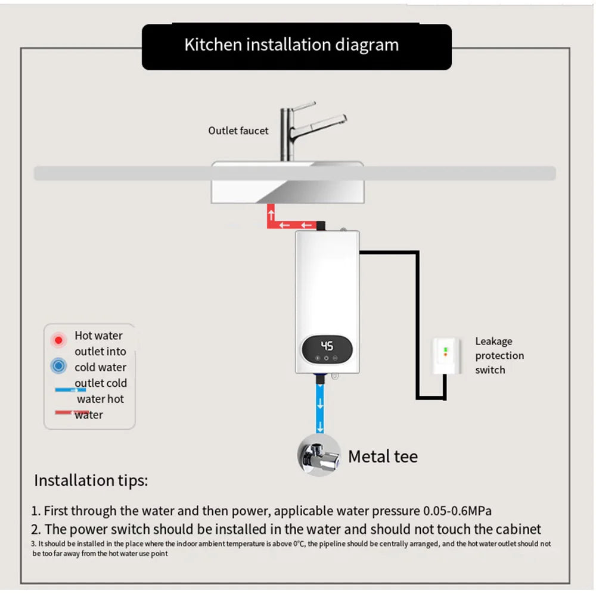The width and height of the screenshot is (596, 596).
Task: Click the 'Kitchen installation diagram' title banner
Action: pos(296,46)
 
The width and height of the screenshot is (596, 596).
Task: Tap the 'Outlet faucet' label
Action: pos(238,131)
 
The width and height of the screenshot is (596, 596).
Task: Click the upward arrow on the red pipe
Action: pos(271,212)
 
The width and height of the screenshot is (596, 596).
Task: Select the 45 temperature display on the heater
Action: pos(327,346)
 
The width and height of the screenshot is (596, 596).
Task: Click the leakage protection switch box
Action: pos(445,356)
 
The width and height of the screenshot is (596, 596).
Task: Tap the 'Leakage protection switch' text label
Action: pos(499,356)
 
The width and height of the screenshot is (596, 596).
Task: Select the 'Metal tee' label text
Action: pos(383,457)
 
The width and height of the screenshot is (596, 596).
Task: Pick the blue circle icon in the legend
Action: pos(58,366)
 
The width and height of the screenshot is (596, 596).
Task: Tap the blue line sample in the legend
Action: pos(71,390)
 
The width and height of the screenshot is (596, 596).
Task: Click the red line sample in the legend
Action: pos(71,412)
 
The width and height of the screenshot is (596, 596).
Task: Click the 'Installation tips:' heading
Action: pos(91,480)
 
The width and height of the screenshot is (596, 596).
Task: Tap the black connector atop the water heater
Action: pos(321,225)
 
